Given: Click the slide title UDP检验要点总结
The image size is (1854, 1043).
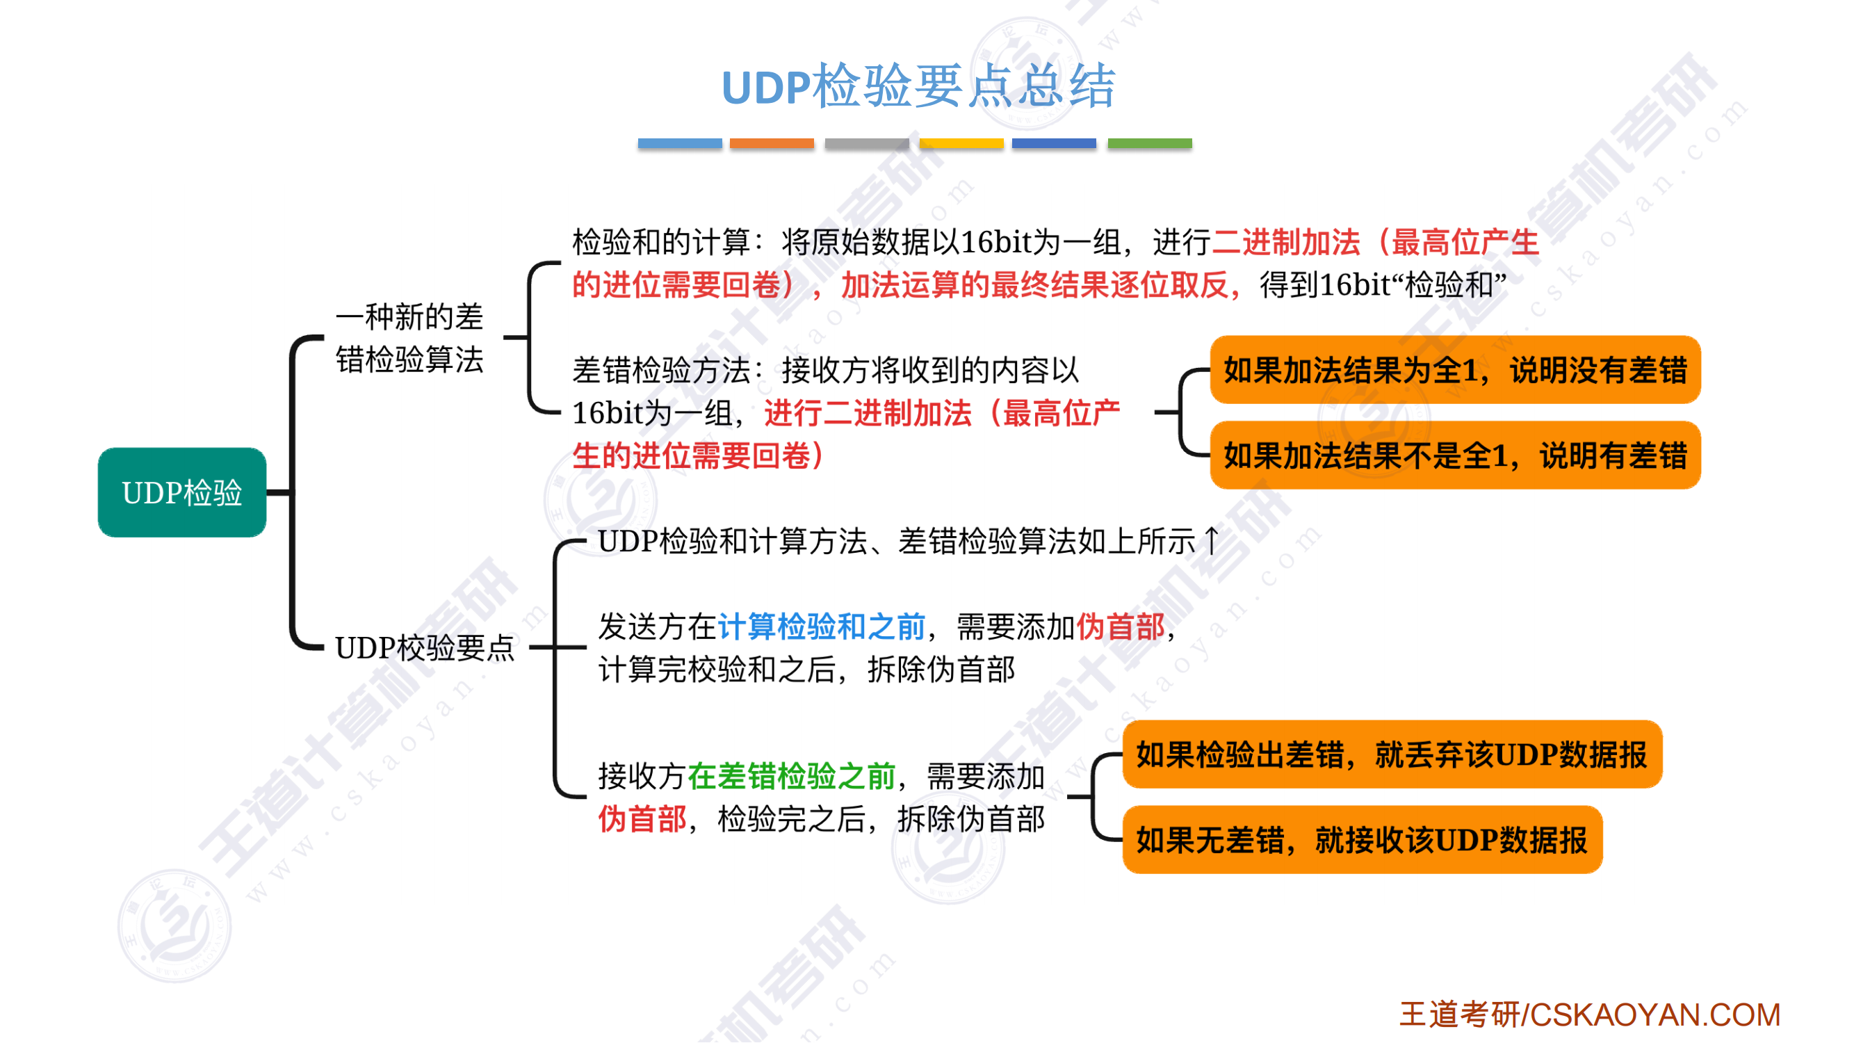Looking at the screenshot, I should coord(918,86).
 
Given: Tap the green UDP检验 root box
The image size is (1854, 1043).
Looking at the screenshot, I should coord(182,492).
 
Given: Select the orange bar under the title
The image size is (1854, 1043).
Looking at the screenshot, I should coord(772,143).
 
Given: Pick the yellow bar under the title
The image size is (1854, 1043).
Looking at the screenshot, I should coord(961,143).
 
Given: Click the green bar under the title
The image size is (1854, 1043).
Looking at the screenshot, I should coord(1149,143).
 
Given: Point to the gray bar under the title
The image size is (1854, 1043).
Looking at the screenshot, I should coord(867,143).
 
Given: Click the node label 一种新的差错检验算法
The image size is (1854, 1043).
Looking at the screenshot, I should coord(409,338).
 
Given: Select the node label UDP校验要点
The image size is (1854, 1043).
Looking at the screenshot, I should coord(425,648).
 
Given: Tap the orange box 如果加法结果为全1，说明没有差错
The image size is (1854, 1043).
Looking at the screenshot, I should coord(1455,370).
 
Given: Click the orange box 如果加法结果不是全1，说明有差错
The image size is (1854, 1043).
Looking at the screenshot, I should coord(1455,455).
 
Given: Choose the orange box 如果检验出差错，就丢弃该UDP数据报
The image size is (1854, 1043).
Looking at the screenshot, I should coord(1392,754).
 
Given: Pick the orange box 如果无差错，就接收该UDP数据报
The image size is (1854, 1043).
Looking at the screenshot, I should coord(1362,839).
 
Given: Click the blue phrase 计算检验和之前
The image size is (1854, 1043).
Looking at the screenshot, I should coord(821,626).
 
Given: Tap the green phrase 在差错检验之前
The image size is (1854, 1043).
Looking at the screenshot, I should coord(792,776).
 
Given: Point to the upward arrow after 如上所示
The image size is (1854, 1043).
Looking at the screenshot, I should coord(1212,540).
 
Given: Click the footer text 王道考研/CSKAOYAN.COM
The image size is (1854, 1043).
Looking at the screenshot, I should coord(1589,1014).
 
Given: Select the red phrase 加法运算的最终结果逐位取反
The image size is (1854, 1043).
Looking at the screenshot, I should coord(1035,285).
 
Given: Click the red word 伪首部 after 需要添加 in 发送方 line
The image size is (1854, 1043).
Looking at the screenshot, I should coord(1120,626).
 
